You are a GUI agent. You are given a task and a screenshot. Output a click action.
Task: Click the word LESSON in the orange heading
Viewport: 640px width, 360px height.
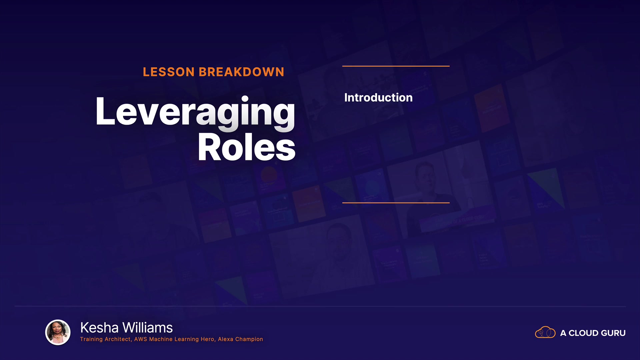coord(169,72)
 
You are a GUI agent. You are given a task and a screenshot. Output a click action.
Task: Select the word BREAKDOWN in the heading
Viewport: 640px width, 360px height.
coord(242,72)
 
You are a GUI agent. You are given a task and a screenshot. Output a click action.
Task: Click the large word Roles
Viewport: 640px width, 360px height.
coord(247,147)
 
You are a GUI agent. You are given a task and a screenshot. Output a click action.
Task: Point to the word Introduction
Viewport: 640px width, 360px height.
coord(378,97)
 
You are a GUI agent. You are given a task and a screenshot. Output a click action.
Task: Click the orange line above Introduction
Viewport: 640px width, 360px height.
coord(396,66)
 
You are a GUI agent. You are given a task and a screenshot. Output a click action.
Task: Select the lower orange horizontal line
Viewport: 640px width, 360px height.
coord(396,202)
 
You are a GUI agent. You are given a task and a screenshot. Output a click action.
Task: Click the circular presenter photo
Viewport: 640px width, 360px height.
coord(58,332)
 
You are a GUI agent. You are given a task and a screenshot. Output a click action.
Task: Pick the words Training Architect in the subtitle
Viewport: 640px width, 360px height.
coord(105,339)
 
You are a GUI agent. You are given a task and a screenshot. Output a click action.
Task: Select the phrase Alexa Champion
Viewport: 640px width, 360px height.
coord(240,339)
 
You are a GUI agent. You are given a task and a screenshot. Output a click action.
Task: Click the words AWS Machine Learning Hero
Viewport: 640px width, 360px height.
coord(174,339)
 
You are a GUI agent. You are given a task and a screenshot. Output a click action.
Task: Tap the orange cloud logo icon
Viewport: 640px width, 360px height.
coord(545,332)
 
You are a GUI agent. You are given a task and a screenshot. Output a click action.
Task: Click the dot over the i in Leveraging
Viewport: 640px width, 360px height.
coord(245,99)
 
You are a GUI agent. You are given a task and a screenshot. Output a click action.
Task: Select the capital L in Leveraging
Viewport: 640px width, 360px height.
coord(105,111)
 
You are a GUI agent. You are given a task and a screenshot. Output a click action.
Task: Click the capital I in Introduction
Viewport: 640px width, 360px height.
coord(346,97)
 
